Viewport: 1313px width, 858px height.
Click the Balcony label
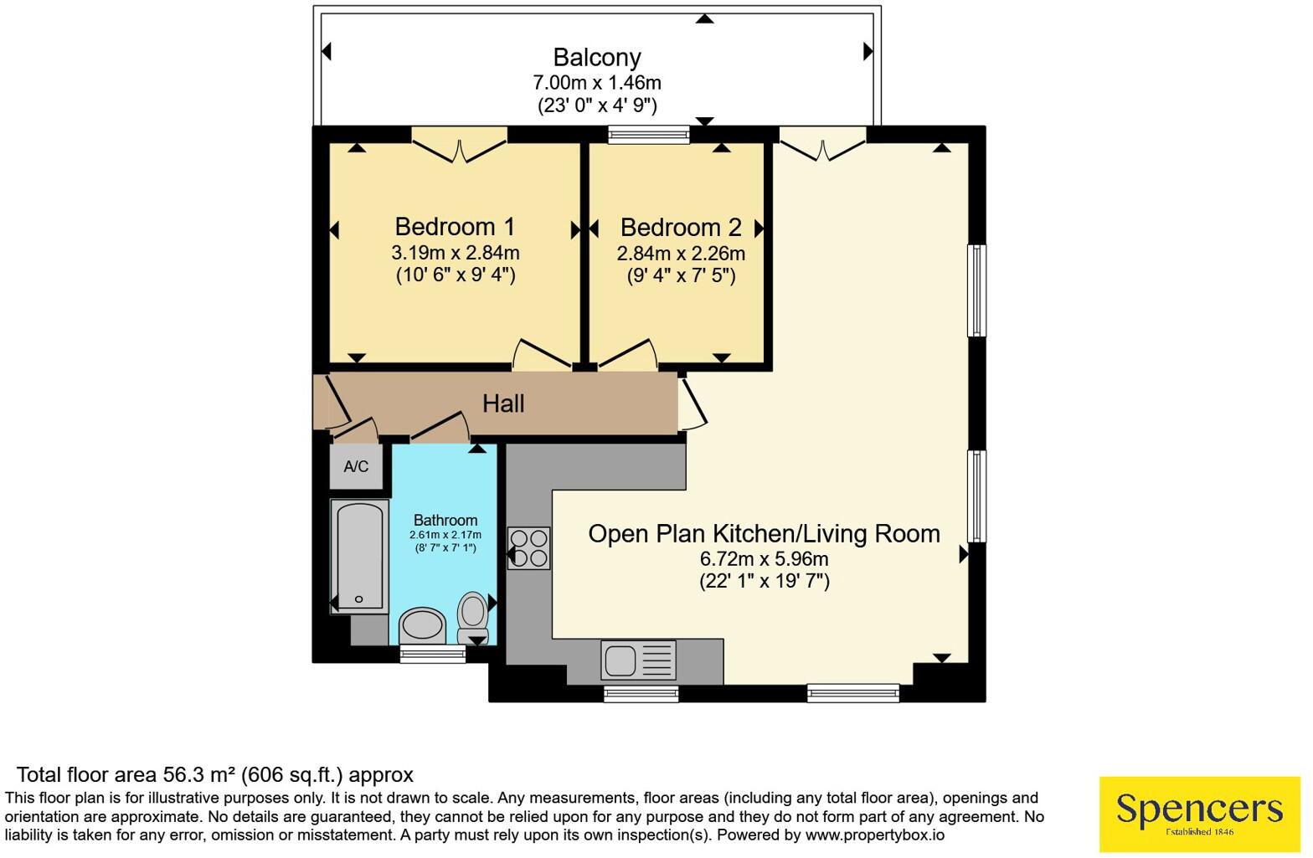tap(597, 58)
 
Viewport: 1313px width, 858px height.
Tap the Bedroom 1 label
tap(455, 227)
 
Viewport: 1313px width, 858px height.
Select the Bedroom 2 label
tap(681, 228)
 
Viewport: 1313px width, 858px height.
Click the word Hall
tap(503, 403)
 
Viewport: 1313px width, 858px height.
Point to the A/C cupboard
tap(357, 466)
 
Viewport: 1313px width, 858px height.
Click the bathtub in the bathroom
tap(359, 557)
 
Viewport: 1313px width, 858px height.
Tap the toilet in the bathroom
tap(472, 618)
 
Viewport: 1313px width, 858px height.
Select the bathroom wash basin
tap(422, 625)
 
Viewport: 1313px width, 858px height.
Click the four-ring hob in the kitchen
tap(528, 548)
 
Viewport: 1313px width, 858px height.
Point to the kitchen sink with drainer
tap(638, 660)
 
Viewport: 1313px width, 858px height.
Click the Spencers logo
tap(1199, 814)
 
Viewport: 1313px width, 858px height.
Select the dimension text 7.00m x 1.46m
tap(597, 83)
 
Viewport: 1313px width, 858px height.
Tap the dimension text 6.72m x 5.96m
tap(764, 558)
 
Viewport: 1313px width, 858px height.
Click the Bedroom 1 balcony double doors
tap(460, 145)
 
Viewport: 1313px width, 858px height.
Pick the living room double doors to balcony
tap(823, 144)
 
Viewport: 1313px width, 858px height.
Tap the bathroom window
tap(433, 654)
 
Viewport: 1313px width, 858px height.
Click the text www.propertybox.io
tap(875, 835)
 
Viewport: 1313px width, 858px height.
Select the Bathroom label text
tap(445, 521)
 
